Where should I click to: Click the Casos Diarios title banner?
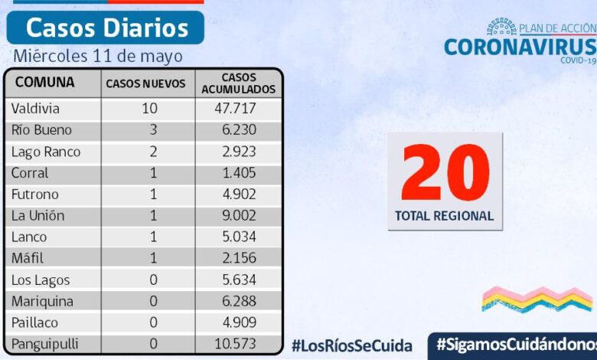coord(106,28)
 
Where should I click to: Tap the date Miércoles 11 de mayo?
coord(98,56)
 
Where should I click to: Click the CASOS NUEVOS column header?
coord(145,83)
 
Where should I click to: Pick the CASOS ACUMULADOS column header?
coord(238,83)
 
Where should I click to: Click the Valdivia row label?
coord(35,109)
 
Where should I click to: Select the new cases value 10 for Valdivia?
coord(149,109)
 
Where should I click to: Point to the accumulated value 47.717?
coord(236,109)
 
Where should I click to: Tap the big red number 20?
coord(445,173)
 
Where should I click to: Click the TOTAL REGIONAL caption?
coord(444,216)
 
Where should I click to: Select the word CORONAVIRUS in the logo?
coord(519,47)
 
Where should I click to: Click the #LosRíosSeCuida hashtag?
coord(351,345)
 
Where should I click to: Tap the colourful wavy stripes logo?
coord(537,299)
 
